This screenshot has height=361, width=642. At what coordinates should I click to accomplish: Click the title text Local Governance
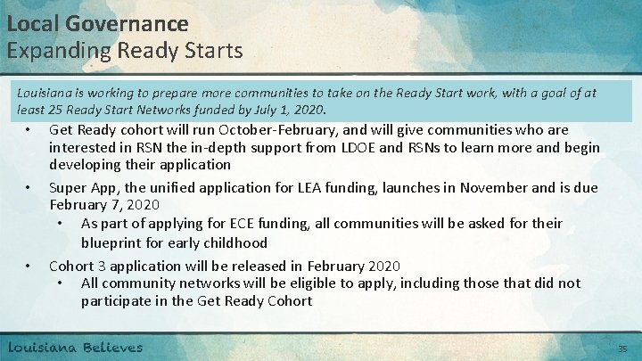(x=98, y=22)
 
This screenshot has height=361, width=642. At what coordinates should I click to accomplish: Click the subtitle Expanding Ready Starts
(x=125, y=50)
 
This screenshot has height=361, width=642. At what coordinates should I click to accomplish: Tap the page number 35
(x=623, y=348)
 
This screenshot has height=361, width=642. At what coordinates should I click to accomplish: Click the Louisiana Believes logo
(x=76, y=346)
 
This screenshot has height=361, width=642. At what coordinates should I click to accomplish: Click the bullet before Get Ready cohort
(x=29, y=130)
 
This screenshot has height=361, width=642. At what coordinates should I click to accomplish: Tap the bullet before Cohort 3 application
(x=29, y=267)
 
